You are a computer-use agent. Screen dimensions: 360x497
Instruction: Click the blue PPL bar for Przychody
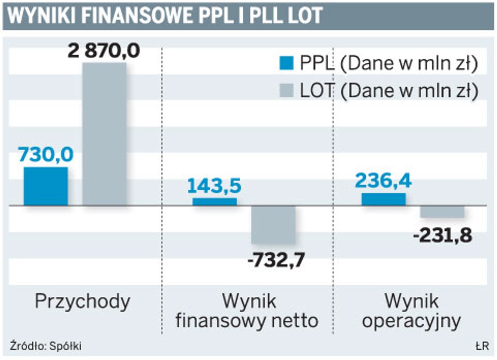(46, 186)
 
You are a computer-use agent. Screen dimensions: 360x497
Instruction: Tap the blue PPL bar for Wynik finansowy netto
(215, 202)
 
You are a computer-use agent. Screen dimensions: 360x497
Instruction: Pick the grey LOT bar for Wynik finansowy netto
(273, 225)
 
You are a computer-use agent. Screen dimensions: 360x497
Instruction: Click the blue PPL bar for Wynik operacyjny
(384, 199)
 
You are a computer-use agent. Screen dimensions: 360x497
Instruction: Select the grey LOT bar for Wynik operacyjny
(442, 211)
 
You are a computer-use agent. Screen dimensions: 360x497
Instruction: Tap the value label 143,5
(215, 186)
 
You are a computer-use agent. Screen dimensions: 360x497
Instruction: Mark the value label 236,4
(384, 180)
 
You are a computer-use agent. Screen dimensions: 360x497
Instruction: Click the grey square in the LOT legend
(286, 90)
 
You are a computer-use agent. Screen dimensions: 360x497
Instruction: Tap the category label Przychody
(82, 302)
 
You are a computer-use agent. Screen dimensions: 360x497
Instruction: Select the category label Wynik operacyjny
(411, 311)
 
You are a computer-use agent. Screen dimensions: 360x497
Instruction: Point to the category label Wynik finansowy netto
(247, 311)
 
